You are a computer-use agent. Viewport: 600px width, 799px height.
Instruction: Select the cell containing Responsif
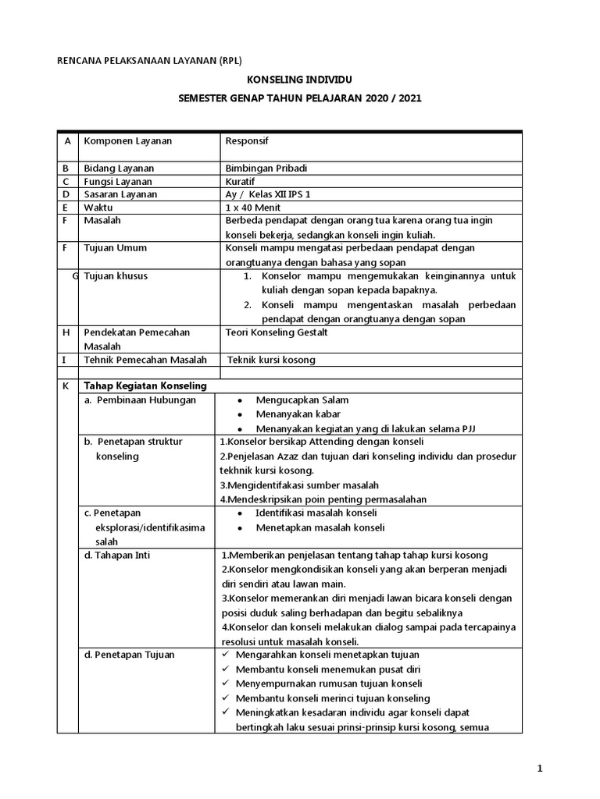(x=247, y=141)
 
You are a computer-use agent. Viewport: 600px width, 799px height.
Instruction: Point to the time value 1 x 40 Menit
(x=252, y=208)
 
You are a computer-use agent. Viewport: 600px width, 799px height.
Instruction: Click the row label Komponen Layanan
(x=128, y=141)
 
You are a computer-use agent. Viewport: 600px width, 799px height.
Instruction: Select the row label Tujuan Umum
(x=115, y=248)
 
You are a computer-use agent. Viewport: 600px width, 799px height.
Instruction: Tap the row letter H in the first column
(x=66, y=332)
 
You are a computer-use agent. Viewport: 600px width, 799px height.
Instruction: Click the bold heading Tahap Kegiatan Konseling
(x=145, y=385)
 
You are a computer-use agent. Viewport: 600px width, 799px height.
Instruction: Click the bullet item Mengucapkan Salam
(x=302, y=400)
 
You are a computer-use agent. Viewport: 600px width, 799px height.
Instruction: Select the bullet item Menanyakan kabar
(x=298, y=414)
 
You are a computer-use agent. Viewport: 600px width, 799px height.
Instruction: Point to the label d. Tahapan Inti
(x=117, y=555)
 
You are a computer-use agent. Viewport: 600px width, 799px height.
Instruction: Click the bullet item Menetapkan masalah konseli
(x=320, y=527)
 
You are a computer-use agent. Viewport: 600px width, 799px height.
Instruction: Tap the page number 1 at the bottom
(x=539, y=769)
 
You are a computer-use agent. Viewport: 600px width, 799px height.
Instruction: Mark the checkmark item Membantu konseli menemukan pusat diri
(x=327, y=669)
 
